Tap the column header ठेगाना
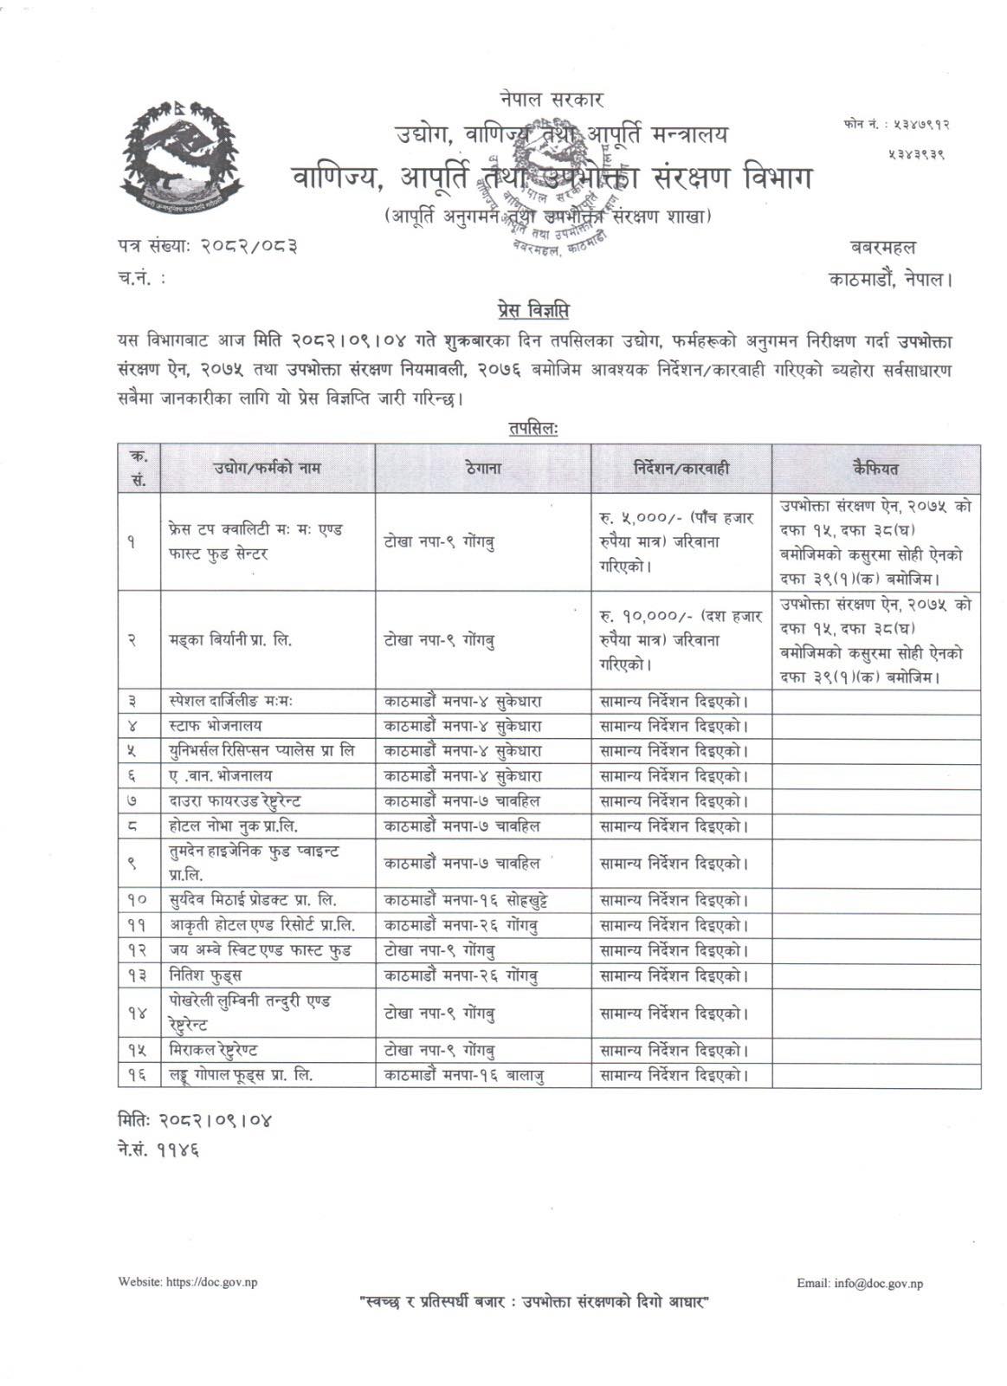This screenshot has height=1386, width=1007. [x=482, y=469]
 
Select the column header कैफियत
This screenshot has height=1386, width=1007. [x=875, y=469]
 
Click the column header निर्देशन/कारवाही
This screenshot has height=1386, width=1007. [x=681, y=469]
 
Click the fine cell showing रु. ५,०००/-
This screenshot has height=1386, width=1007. [x=681, y=541]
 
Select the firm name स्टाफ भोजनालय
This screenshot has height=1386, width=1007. [x=216, y=725]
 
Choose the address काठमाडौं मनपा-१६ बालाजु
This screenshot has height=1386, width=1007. [x=464, y=1076]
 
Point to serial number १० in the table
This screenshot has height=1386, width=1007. [x=138, y=900]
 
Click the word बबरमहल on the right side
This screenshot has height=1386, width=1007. [x=907, y=246]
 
